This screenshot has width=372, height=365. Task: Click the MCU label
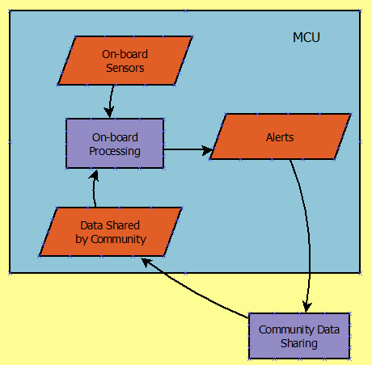306,37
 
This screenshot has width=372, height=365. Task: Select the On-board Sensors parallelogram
125,61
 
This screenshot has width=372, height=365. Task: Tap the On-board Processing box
115,144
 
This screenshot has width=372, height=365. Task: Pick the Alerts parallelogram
281,136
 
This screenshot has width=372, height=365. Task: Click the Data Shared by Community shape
111,232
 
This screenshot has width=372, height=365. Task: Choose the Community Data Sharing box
299,336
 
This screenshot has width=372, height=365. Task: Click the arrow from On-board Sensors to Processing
111,101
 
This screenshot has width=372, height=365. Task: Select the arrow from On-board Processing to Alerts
188,149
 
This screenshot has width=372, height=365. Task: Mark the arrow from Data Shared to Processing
94,188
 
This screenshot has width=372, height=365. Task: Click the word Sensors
125,68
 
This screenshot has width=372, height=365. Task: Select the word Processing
115,151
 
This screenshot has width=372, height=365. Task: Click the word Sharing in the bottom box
299,344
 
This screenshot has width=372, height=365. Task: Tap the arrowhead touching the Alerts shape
208,150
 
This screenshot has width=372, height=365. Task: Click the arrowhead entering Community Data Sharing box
306,307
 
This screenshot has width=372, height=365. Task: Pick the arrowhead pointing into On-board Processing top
109,112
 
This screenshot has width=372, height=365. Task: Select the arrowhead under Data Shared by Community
146,262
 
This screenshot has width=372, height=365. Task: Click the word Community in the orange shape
119,239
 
